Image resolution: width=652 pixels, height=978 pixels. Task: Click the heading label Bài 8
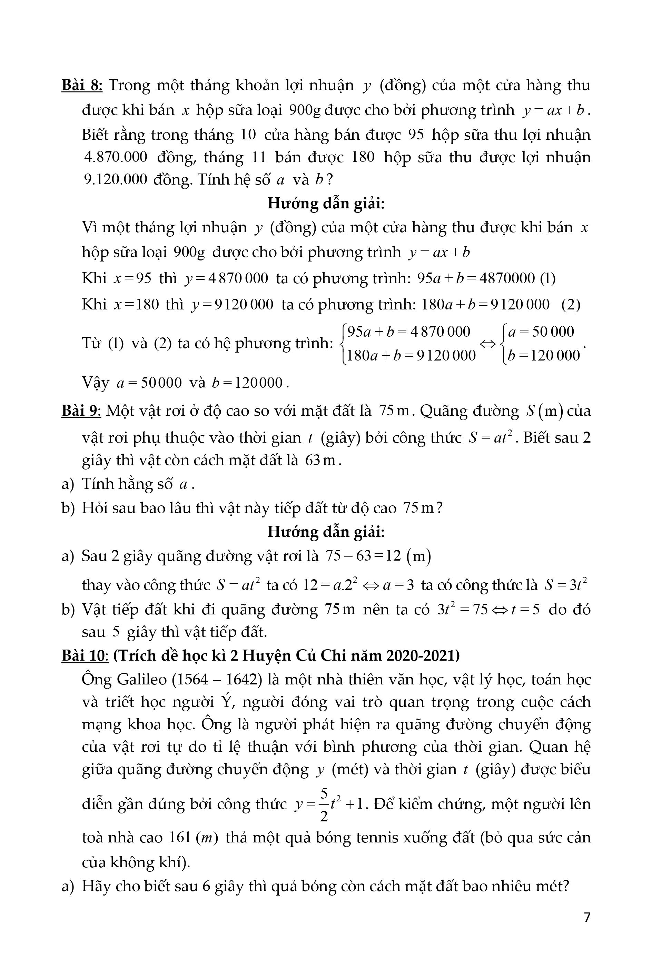tap(82, 85)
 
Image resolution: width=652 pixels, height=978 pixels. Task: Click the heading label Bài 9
tap(81, 411)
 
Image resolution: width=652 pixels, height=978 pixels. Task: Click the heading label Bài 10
tap(85, 655)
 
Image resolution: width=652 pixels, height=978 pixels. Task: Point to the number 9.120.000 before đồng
tap(116, 179)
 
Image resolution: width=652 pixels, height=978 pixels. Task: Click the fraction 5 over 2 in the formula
tap(324, 804)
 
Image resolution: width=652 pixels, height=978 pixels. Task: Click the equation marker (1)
tap(547, 278)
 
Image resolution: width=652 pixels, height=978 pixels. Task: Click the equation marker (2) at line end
tap(571, 305)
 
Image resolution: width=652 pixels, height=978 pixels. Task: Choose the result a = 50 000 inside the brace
tap(541, 332)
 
